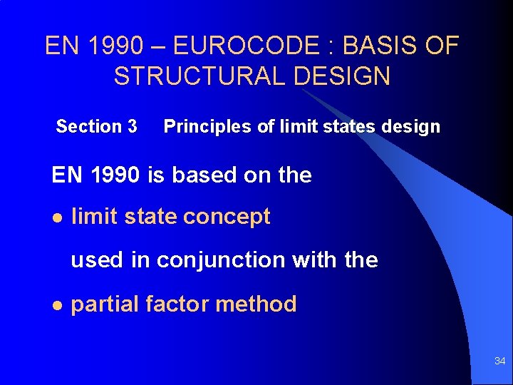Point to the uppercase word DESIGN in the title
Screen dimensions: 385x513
click(x=347, y=76)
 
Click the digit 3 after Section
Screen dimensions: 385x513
click(x=132, y=127)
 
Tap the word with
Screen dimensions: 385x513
click(x=315, y=260)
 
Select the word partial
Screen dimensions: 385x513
click(x=105, y=304)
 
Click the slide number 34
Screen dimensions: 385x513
click(x=499, y=361)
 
